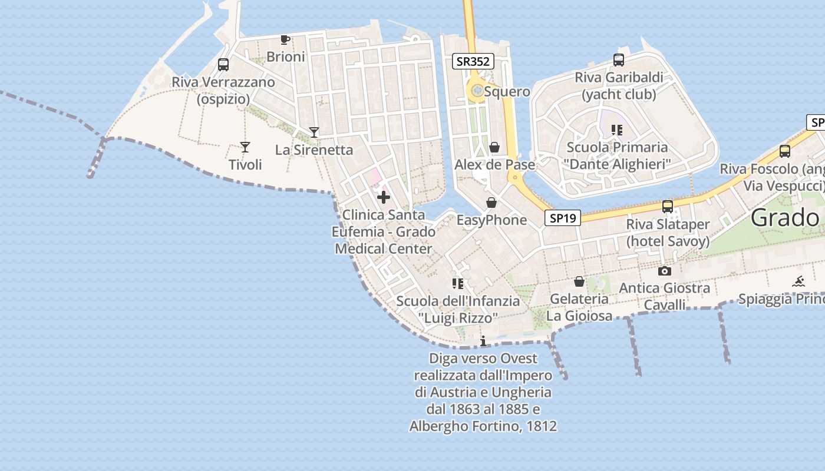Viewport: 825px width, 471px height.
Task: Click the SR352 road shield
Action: pos(473,61)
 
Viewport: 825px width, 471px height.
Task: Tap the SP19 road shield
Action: pos(562,218)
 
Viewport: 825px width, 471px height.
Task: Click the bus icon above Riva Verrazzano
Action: pos(223,65)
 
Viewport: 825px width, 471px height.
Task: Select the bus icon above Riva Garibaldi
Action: pos(619,59)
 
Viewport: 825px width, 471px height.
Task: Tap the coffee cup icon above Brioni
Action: pos(285,39)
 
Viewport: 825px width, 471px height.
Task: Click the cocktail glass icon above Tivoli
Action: pos(245,147)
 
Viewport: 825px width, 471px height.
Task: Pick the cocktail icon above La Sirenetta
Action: pos(314,132)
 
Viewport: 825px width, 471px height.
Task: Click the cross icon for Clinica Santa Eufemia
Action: pos(384,197)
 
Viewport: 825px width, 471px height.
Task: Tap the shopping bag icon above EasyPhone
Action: pos(491,203)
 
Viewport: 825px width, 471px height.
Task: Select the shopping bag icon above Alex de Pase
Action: pos(494,147)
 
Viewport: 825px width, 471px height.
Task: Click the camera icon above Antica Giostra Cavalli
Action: pos(665,271)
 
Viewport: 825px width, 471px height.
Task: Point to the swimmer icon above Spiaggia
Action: pos(798,282)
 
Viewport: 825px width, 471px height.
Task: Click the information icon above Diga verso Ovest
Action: pos(483,341)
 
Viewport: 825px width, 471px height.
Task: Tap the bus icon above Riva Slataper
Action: pos(668,207)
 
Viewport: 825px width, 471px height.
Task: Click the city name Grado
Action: pos(786,218)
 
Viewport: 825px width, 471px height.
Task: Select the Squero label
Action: pos(507,92)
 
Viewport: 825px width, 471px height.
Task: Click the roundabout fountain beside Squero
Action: pos(477,91)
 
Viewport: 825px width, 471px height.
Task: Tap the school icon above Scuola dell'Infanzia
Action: pos(458,284)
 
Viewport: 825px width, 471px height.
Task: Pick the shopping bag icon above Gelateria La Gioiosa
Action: pos(579,281)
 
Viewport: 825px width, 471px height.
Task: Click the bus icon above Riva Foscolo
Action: pos(785,151)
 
